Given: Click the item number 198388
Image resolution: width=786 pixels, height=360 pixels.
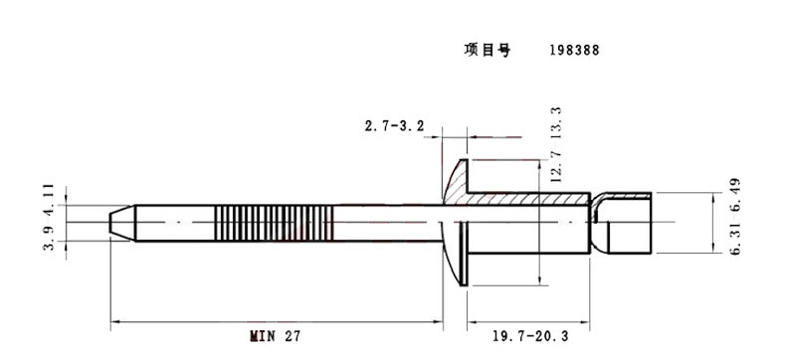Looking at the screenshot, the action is coord(574,51).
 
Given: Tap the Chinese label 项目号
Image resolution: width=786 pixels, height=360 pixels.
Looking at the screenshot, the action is coord(487,50).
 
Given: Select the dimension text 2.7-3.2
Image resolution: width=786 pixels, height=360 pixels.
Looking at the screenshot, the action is coord(394,126).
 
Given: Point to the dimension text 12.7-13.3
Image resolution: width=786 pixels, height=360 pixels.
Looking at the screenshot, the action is coord(556,144).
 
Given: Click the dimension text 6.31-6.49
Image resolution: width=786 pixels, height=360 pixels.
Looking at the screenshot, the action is coord(735,217).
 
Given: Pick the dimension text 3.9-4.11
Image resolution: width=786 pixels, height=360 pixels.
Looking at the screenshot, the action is coord(49,217).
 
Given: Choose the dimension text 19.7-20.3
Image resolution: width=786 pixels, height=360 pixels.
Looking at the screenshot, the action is coord(530,336).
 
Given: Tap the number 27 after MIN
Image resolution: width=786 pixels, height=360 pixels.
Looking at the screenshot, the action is coord(293,335).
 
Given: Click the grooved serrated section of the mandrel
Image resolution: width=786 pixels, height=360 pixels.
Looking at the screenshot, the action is coord(274,224).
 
